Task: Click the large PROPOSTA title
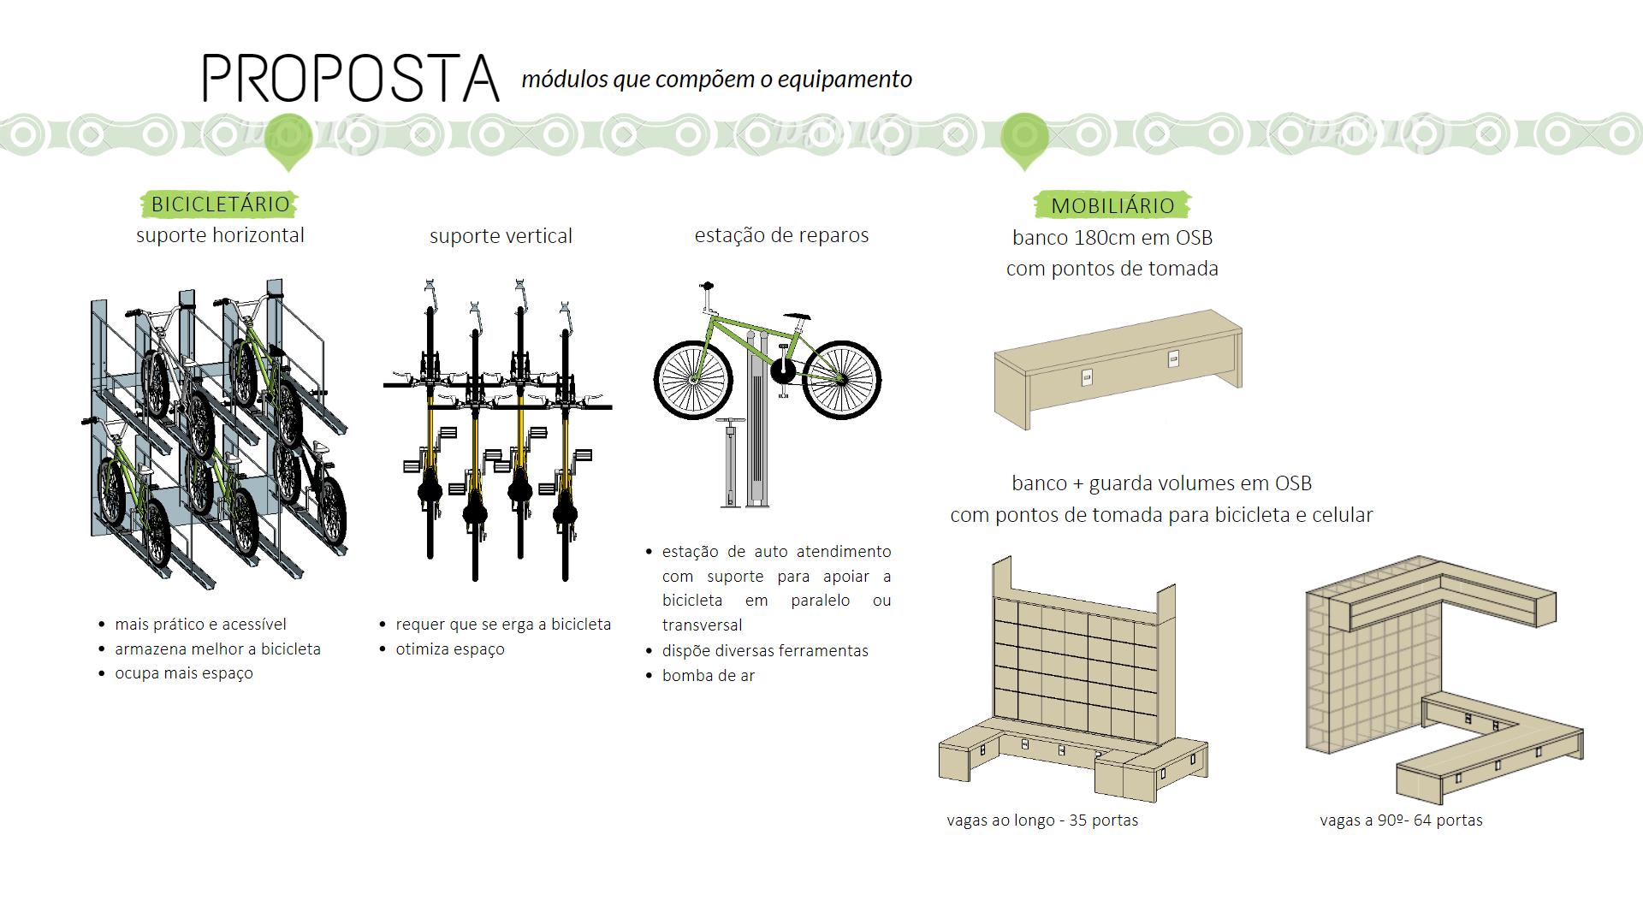coord(351,79)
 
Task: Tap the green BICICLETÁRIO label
coord(220,204)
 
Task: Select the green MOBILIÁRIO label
coord(1112,205)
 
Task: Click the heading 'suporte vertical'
coord(501,236)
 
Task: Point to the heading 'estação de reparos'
coord(781,235)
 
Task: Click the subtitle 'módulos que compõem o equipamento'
coord(717,80)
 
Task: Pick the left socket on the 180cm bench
coord(1088,376)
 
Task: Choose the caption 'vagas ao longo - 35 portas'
coord(1042,820)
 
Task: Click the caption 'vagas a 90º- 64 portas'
coord(1401,820)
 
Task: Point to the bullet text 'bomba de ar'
coord(709,676)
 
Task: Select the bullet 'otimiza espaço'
coord(450,649)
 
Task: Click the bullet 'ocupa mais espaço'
coord(184,673)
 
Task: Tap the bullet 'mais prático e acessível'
coord(200,625)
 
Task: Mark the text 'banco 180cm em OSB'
coord(1112,238)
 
